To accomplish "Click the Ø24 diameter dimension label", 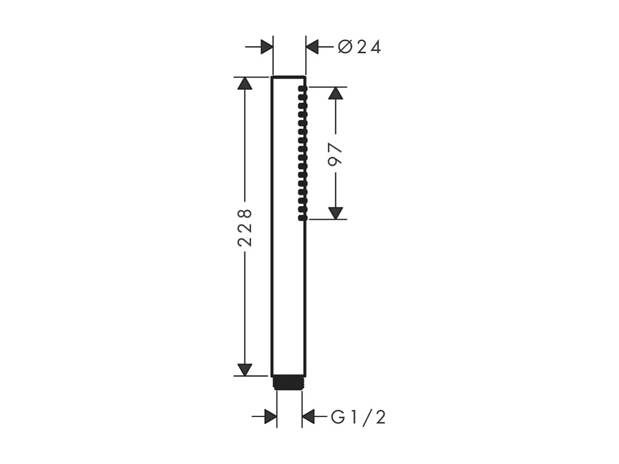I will click(359, 47).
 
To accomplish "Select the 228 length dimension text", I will click(245, 228).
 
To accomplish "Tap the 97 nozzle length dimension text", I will click(336, 154).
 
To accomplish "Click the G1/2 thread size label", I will click(358, 417).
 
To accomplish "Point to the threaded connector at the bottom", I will click(289, 383).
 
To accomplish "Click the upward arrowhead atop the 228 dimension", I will click(245, 84).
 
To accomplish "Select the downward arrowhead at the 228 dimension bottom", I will click(245, 370).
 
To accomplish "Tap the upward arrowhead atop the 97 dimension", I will click(336, 93).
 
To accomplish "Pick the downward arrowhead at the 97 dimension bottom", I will click(336, 213).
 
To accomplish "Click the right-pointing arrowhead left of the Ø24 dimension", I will click(267, 47).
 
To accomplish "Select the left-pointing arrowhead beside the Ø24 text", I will click(312, 47).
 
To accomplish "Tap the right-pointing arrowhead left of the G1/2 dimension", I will click(270, 417).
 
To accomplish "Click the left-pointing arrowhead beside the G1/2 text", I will click(308, 417).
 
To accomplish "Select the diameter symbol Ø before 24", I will click(345, 47).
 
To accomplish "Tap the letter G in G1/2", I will click(338, 417).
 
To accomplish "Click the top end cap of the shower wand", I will click(288, 78).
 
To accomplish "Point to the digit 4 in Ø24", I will click(375, 47).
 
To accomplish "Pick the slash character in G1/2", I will click(367, 417).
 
